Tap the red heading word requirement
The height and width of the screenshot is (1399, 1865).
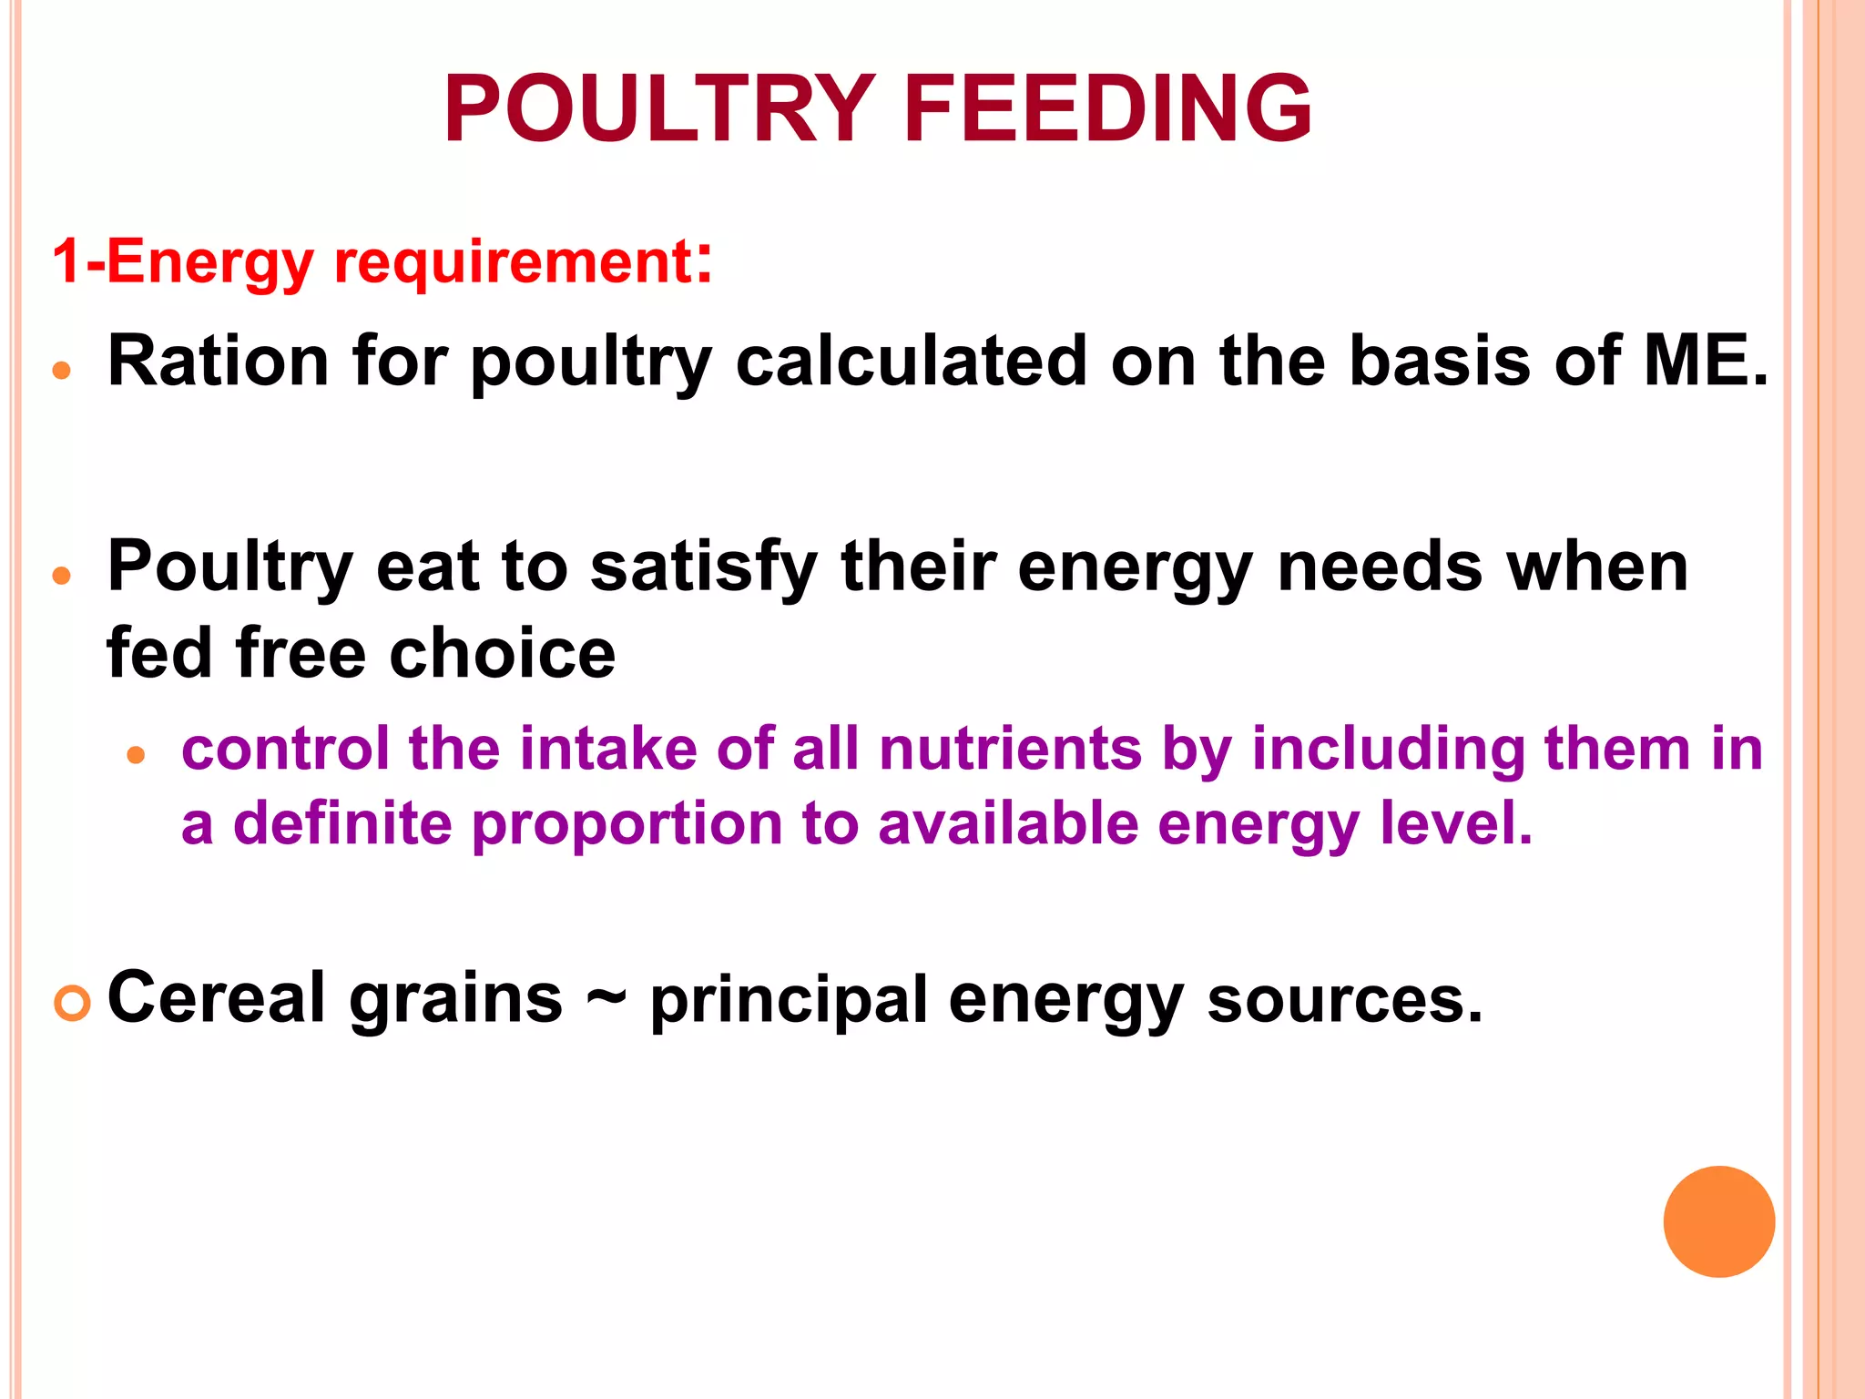pos(514,262)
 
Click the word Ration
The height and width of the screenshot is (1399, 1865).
pos(219,362)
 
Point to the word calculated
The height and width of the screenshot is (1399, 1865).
pos(911,362)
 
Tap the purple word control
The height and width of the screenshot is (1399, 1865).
pos(285,749)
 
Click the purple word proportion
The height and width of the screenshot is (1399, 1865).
pos(626,824)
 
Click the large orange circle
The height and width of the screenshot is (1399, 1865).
pos(1718,1221)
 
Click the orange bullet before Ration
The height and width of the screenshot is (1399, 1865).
pos(62,371)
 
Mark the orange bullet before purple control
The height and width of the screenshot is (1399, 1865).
pos(137,755)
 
